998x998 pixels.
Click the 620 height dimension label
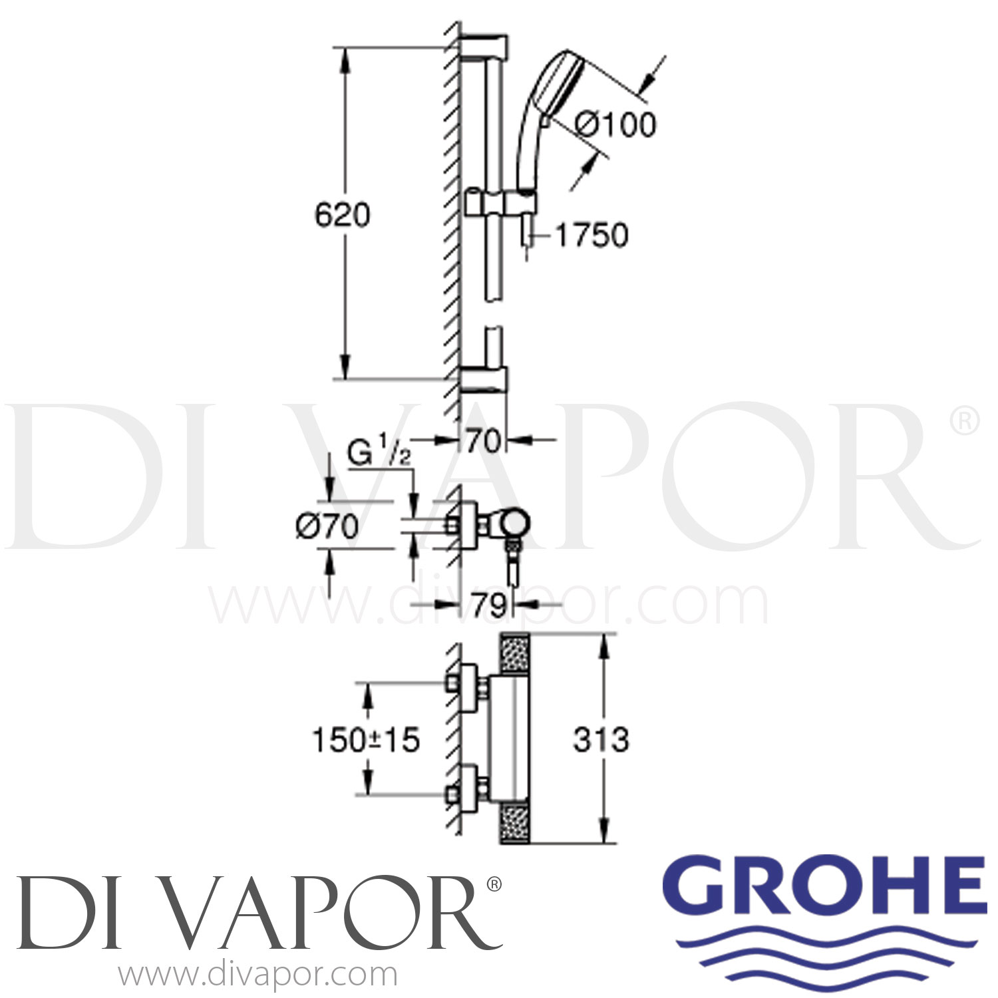click(x=342, y=215)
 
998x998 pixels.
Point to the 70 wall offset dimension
click(x=482, y=440)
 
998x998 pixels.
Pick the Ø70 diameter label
click(x=327, y=527)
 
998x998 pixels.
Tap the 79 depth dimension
click(x=490, y=605)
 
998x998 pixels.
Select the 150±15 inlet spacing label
click(x=366, y=740)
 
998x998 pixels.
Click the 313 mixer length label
click(x=601, y=740)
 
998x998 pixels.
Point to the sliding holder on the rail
click(x=496, y=203)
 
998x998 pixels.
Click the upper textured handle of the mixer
click(x=514, y=651)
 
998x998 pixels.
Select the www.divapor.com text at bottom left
click(x=257, y=976)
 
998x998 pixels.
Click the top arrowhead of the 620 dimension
click(x=345, y=60)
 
